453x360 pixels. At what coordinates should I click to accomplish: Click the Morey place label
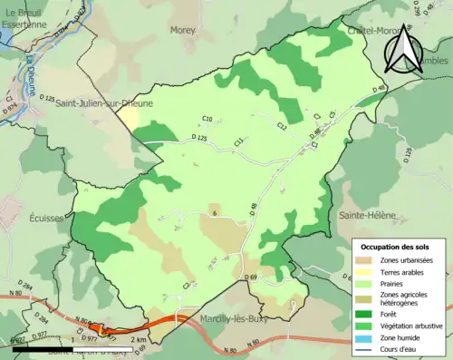point(184,30)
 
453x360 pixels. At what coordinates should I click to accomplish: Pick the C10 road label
point(207,120)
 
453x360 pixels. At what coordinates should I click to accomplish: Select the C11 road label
point(239,141)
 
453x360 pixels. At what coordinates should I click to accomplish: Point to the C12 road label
point(282,126)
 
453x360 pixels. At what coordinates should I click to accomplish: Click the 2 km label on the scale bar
point(138,340)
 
